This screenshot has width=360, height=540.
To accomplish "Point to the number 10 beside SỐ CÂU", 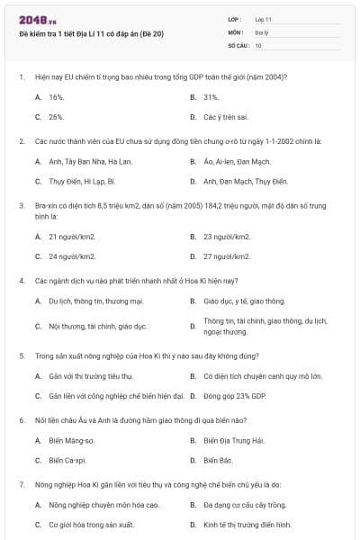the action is click(259, 44).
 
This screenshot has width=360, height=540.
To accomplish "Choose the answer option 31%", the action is click(211, 96).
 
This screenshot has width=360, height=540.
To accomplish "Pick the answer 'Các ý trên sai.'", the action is click(225, 117).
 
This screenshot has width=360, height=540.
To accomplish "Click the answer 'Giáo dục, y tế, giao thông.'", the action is click(244, 301).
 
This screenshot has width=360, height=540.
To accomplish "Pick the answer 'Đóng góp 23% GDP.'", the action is click(235, 395).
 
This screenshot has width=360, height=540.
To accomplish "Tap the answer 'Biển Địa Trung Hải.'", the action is click(234, 440).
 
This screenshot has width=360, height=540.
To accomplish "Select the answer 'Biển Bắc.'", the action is click(218, 460).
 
